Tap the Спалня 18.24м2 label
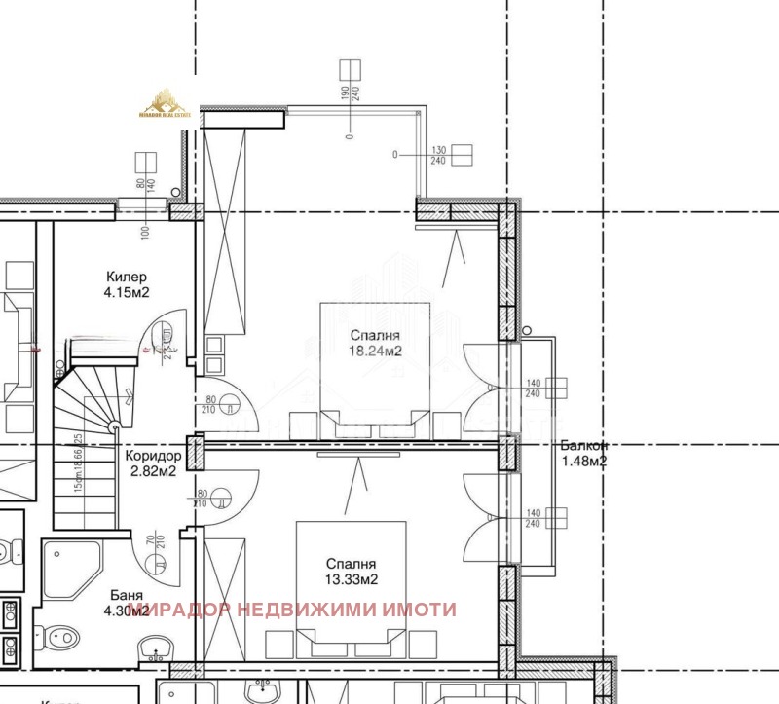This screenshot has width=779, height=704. pos(376,343)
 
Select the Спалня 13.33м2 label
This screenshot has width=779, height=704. pos(351,574)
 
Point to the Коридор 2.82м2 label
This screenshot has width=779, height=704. pos(153,463)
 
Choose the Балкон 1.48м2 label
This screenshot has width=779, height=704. pos(583,454)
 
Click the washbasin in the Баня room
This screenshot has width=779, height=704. pos(153,647)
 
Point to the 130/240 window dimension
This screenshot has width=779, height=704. pos(437,156)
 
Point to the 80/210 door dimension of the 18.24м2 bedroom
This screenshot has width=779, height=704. pos(209,403)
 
